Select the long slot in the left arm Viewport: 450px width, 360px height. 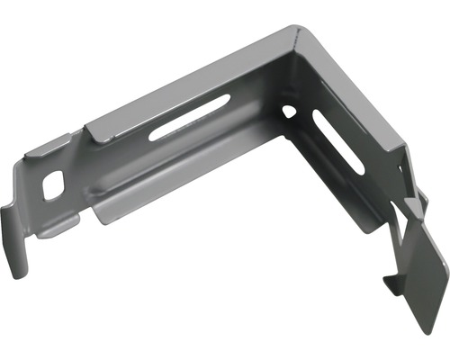point(190,117)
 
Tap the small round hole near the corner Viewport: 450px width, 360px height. point(289,112)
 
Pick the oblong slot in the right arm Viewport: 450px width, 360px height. point(338,140)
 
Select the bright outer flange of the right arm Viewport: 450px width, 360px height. point(360,99)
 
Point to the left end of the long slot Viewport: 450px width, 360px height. point(155,135)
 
